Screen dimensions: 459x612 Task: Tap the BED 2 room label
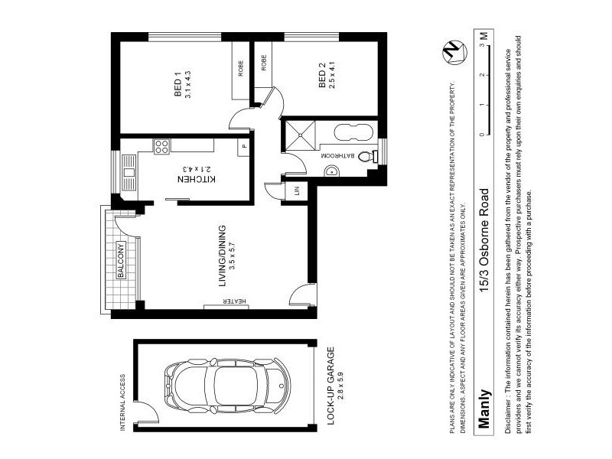pos(321,79)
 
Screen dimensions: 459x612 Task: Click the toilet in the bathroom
pos(370,155)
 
